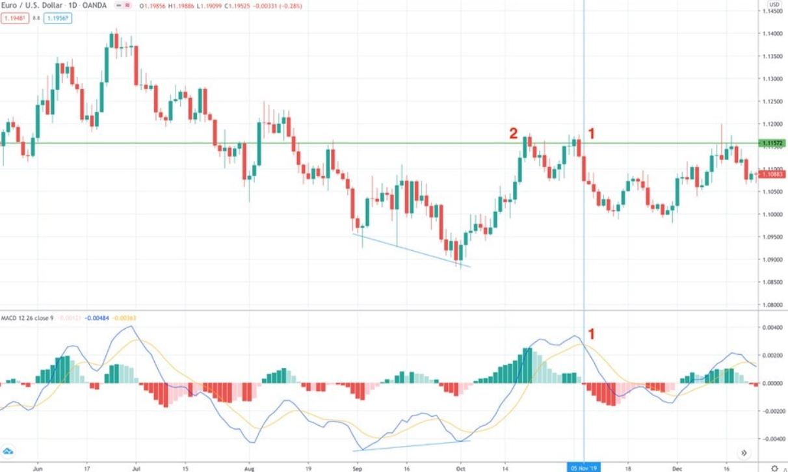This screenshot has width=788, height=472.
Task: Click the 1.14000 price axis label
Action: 772,34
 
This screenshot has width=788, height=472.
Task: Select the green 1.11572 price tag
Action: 772,143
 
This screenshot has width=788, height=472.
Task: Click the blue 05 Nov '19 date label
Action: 584,467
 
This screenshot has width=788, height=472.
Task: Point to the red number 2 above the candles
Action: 513,134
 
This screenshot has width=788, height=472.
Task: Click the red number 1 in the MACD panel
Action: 592,334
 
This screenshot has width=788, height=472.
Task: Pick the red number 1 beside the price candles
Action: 592,134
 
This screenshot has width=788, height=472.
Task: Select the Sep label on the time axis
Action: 356,467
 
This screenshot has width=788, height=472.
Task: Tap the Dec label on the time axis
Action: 676,467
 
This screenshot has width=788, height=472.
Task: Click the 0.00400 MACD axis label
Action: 772,328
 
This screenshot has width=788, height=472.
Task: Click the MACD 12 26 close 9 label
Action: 27,318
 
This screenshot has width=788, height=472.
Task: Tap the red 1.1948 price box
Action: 14,18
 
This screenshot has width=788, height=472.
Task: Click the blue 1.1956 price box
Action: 58,18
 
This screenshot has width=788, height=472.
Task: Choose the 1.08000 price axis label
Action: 772,305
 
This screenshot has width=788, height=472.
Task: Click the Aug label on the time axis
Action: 249,467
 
